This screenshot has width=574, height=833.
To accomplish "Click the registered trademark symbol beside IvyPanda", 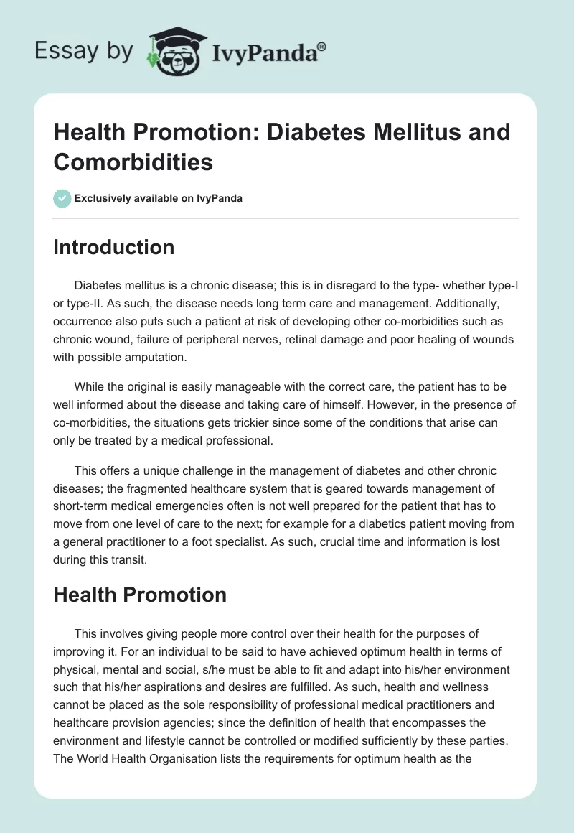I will [x=322, y=47].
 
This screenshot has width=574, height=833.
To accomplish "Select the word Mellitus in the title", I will [x=392, y=132].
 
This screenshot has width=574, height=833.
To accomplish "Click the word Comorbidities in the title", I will [x=133, y=162].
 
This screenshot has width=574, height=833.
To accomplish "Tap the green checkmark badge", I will [x=62, y=198].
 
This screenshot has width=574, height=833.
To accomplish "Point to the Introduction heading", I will [x=114, y=247].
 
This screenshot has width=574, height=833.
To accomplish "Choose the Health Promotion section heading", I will [x=140, y=595].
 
